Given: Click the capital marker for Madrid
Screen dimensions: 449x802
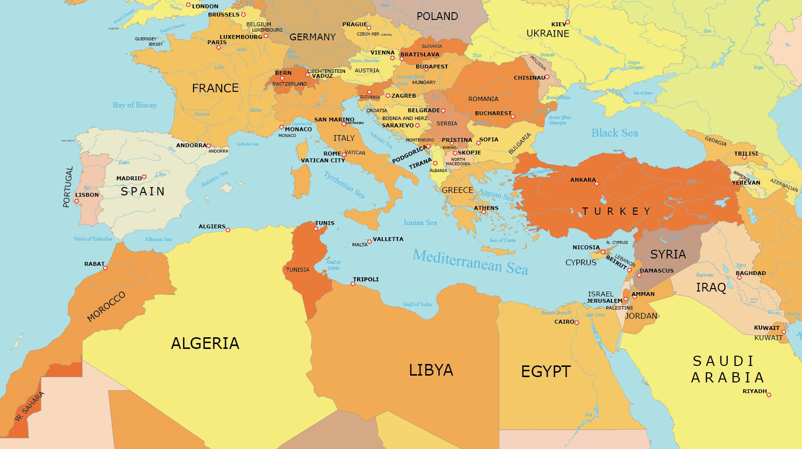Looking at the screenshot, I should [144, 177].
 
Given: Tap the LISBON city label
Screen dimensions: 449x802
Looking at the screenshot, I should [87, 195].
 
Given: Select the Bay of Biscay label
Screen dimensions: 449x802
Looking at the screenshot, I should [134, 105].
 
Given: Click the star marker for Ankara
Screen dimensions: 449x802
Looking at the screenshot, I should [597, 184].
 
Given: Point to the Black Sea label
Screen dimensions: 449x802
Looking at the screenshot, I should [614, 133].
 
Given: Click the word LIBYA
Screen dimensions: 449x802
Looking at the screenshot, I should [431, 370].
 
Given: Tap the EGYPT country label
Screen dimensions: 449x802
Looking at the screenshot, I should [545, 372].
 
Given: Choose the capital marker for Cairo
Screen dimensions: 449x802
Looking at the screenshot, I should [577, 323].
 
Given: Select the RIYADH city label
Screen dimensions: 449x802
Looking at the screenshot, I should [754, 391].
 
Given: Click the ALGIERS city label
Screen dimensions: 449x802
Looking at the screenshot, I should [212, 226].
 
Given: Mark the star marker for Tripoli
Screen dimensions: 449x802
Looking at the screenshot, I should [353, 284].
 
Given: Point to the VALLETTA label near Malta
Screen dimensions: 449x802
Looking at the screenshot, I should [388, 239].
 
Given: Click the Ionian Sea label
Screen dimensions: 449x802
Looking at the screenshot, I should [420, 223].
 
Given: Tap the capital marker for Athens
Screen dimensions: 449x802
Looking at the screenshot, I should [484, 212].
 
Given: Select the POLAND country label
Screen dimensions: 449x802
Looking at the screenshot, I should [437, 17].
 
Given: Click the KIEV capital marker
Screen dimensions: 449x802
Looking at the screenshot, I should [568, 22].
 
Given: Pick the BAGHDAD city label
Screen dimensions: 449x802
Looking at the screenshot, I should [751, 273].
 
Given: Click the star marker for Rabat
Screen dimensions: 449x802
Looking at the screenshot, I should [105, 268].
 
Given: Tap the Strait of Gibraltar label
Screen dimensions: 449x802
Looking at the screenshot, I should [93, 239].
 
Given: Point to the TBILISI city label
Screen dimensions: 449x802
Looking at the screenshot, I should [746, 154].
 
